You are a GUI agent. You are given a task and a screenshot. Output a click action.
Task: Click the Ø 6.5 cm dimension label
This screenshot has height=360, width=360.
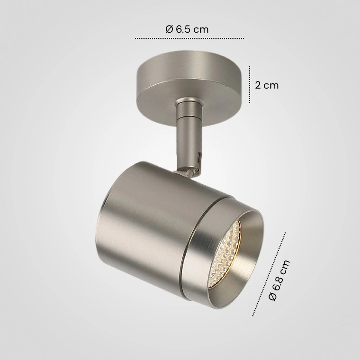click(187, 29)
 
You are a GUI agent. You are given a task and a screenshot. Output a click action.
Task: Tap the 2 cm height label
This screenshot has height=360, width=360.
click(267, 85)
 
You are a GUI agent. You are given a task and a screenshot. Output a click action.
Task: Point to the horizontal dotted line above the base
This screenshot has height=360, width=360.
click(189, 38)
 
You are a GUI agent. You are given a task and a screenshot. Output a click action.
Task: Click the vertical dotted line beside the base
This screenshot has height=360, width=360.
click(250, 84)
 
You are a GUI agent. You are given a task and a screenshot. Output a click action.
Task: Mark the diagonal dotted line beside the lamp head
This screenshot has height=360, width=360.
click(269, 275)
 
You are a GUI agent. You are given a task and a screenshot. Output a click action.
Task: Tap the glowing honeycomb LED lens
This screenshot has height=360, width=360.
click(225, 254)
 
